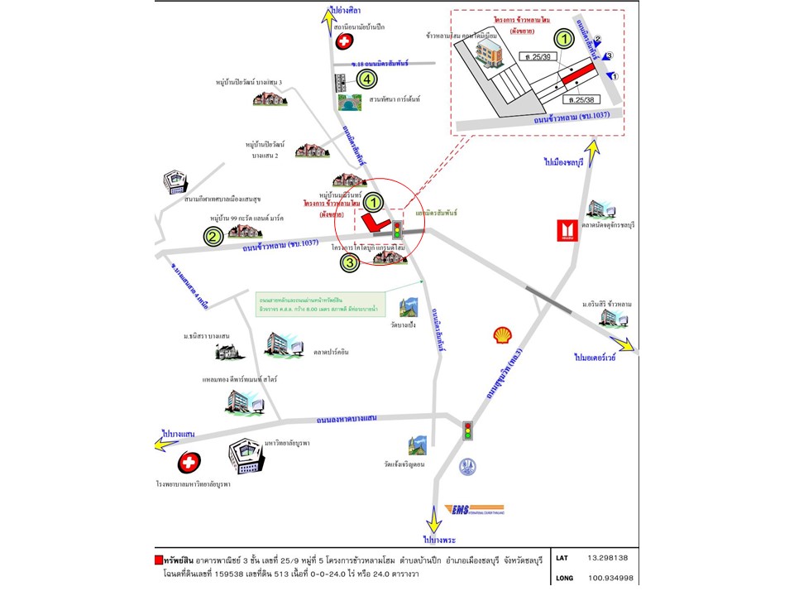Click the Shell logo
502,334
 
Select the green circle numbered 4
366,79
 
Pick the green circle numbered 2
213,237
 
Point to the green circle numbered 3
351,262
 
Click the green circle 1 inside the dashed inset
563,38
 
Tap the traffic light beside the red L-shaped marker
397,229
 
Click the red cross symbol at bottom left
189,462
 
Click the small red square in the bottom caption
159,559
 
